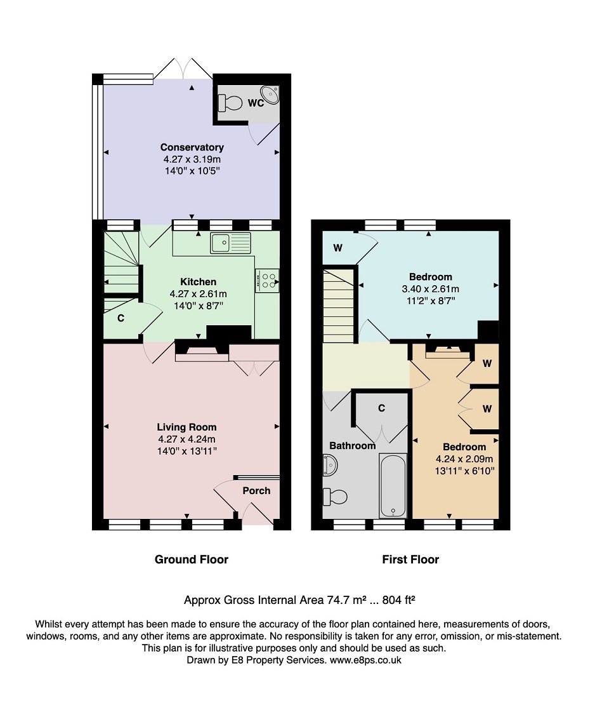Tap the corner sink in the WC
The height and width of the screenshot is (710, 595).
pyautogui.click(x=271, y=95)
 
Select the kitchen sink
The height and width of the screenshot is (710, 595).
pyautogui.click(x=230, y=243)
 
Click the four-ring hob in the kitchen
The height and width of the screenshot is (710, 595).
pyautogui.click(x=267, y=281)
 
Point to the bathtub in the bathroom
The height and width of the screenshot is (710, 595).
pyautogui.click(x=393, y=485)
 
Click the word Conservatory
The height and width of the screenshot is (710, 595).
pyautogui.click(x=192, y=147)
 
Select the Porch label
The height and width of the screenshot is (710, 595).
pyautogui.click(x=256, y=490)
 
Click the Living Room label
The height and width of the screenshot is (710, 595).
pyautogui.click(x=186, y=427)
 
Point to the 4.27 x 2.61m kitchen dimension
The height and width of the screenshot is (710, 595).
pyautogui.click(x=199, y=294)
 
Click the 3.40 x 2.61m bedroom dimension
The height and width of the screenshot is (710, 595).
pyautogui.click(x=431, y=289)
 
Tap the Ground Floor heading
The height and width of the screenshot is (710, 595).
pyautogui.click(x=192, y=559)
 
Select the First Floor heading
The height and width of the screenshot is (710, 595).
pyautogui.click(x=410, y=559)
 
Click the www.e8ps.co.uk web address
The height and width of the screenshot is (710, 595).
pyautogui.click(x=365, y=660)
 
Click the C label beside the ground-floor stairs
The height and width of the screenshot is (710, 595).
pyautogui.click(x=121, y=318)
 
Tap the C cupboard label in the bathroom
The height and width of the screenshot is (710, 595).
pyautogui.click(x=382, y=408)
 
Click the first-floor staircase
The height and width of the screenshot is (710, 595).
pyautogui.click(x=337, y=305)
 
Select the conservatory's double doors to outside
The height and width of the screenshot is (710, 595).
pyautogui.click(x=183, y=69)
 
